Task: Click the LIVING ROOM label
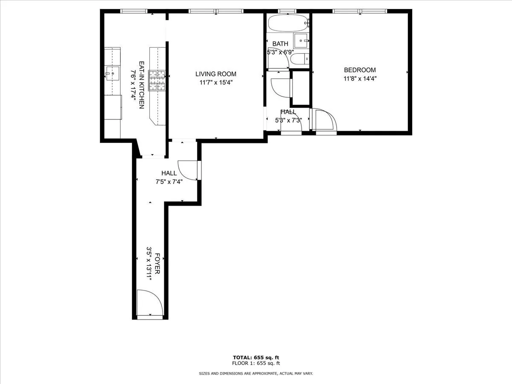(x=215, y=74)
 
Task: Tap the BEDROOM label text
(x=360, y=70)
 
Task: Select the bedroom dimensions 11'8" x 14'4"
(x=360, y=79)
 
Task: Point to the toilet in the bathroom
(x=299, y=58)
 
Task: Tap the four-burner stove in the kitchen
(x=156, y=80)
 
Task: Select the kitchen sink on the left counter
(x=113, y=74)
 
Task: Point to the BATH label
(x=280, y=44)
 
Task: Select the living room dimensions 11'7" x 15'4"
(x=215, y=83)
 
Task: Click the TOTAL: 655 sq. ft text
(x=256, y=358)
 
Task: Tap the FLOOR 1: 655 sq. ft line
(x=256, y=364)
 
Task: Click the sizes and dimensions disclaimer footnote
(x=256, y=373)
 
